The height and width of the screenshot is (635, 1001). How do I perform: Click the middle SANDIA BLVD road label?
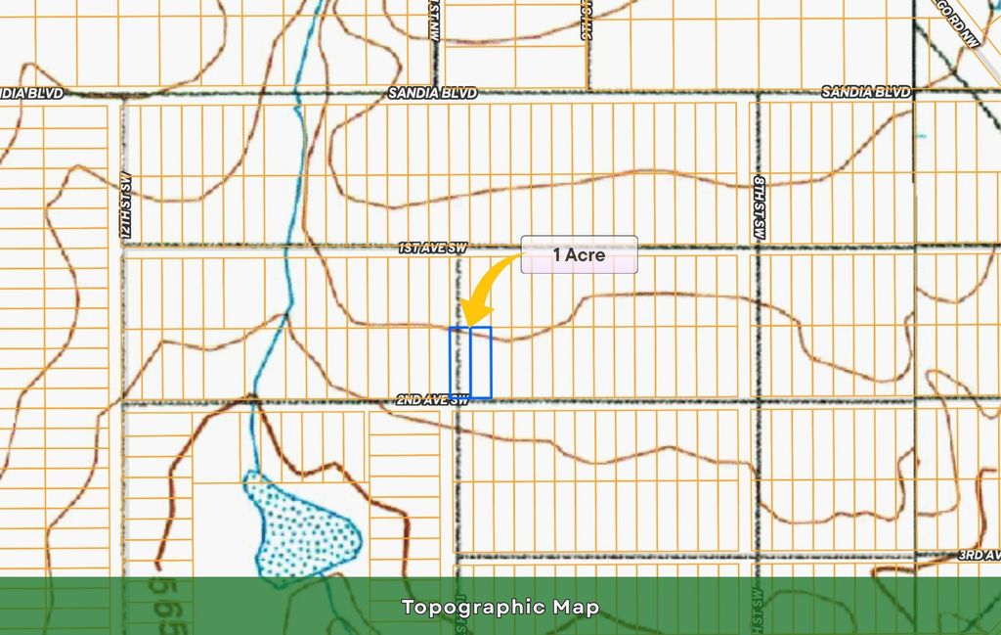tap(432, 93)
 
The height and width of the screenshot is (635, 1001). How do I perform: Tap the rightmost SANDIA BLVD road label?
tap(866, 92)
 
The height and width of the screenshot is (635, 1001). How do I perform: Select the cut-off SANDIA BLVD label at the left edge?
tap(31, 93)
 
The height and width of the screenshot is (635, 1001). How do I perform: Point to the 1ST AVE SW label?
tap(431, 249)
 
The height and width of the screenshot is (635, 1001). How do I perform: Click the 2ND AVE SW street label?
tap(433, 399)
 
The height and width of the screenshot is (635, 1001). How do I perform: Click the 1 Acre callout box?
tap(579, 255)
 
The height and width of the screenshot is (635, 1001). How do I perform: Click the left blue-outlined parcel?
tap(459, 362)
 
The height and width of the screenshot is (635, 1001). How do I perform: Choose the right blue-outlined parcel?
tap(480, 362)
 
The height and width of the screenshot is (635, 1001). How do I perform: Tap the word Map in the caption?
tap(579, 608)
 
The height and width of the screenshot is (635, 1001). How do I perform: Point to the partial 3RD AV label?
tap(978, 555)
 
